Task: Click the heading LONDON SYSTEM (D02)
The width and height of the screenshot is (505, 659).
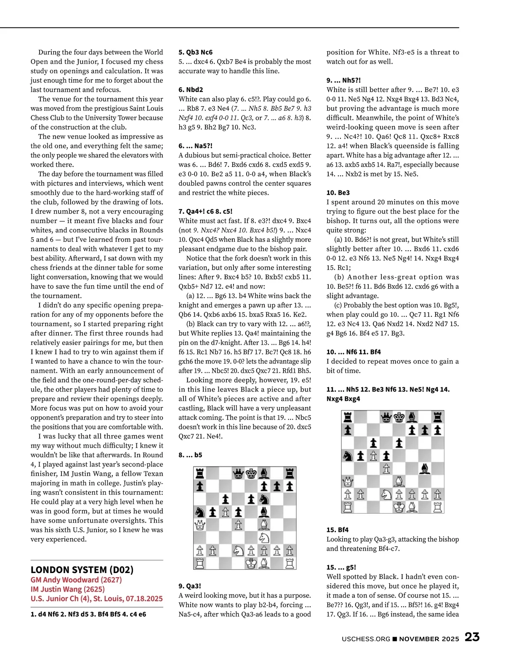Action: [x=82, y=570]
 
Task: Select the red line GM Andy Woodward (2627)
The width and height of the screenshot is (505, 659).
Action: [x=76, y=580]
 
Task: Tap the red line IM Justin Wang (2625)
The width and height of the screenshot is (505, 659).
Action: [x=67, y=589]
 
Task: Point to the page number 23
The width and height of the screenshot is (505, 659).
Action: [x=472, y=637]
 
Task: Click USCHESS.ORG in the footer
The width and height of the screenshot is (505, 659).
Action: [x=366, y=639]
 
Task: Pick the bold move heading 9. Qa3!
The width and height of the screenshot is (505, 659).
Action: [x=190, y=586]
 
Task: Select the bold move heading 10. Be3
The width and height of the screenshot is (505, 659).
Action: [x=338, y=193]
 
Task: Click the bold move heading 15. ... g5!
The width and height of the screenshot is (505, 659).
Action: [x=341, y=567]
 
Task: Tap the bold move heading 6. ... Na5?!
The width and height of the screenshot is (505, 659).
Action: [x=195, y=146]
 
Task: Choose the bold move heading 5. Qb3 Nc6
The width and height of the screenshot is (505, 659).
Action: [x=195, y=52]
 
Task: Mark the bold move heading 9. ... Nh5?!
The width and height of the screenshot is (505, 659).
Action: [x=343, y=80]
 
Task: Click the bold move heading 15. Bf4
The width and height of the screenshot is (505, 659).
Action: [x=338, y=530]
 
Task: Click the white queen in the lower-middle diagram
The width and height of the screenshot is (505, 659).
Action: [x=199, y=525]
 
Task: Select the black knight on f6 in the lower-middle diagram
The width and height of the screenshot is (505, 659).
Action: [x=264, y=499]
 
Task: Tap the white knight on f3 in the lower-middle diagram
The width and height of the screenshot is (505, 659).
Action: [x=264, y=538]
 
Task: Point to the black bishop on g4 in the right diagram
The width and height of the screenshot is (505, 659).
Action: [x=425, y=468]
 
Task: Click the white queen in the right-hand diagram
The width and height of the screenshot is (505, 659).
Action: [x=348, y=481]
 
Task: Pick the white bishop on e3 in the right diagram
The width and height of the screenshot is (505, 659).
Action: [x=399, y=481]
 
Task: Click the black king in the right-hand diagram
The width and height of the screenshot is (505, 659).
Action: [x=399, y=417]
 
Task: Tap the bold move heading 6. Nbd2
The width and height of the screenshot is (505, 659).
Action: [x=191, y=90]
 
